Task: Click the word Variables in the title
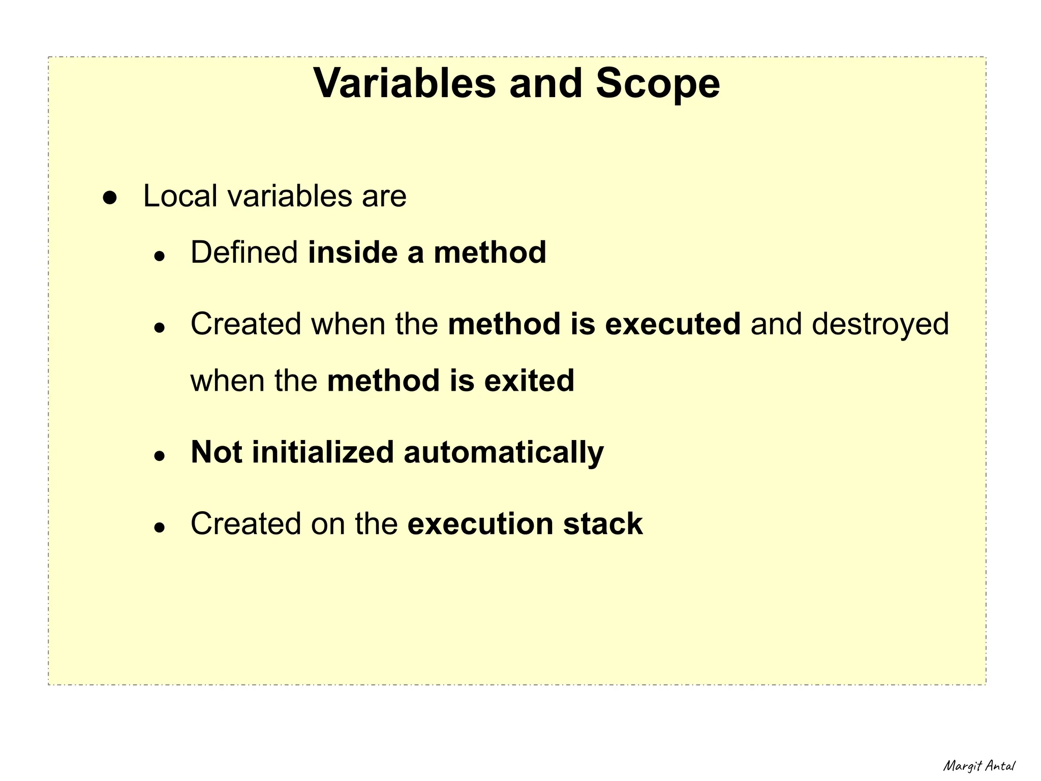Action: [404, 83]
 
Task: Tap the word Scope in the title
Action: [658, 83]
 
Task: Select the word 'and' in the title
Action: [545, 83]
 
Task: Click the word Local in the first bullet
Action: [180, 196]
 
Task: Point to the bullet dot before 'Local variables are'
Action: [110, 198]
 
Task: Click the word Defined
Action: [244, 253]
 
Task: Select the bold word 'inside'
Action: [352, 253]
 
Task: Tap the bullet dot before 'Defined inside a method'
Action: [160, 256]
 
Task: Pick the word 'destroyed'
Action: [880, 325]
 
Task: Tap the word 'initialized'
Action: [323, 452]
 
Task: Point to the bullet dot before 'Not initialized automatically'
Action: [160, 456]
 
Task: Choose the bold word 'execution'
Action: [480, 524]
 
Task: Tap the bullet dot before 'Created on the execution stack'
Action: [160, 527]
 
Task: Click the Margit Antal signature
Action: [979, 766]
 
